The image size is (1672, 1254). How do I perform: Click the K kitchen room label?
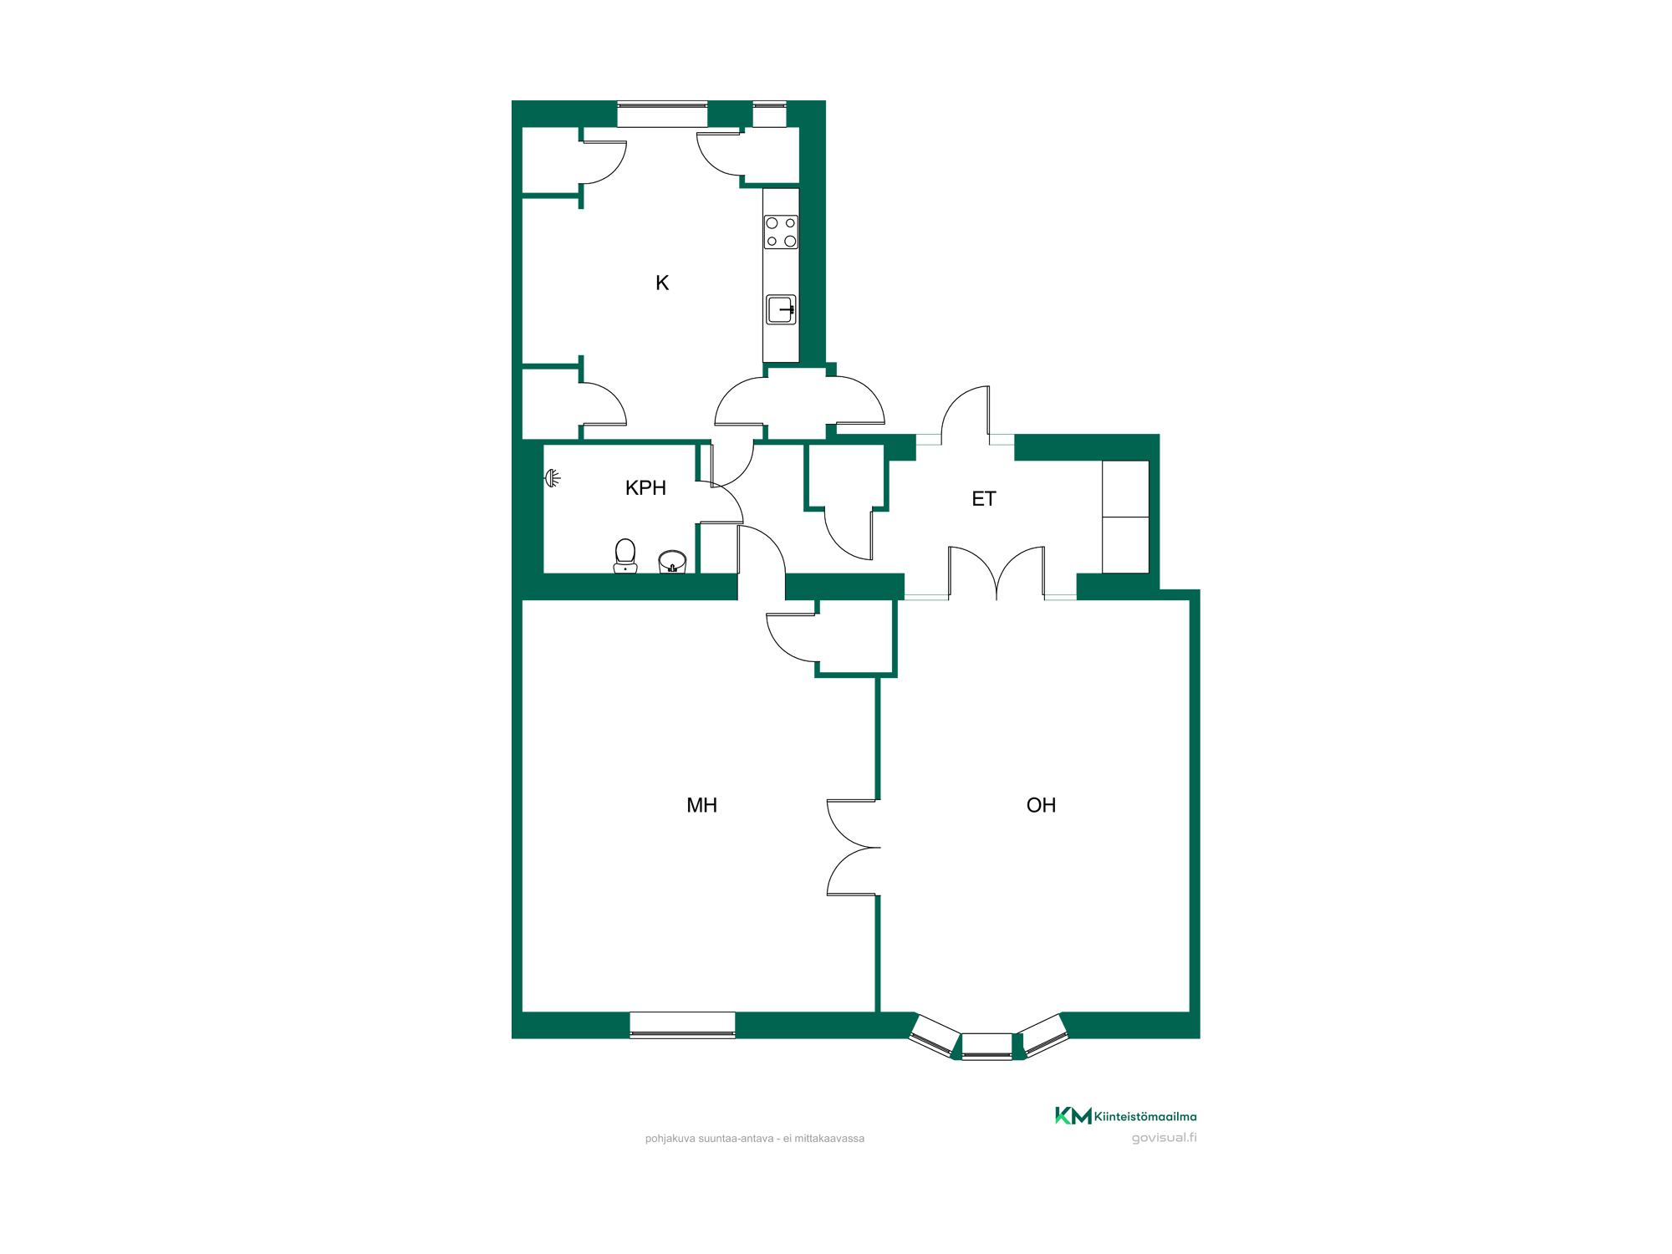pos(662,283)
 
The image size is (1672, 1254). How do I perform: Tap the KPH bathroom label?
pos(645,488)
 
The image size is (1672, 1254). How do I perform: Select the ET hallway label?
pos(984,499)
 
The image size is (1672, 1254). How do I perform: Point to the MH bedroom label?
pos(701,805)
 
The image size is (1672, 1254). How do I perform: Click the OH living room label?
pos(1041,805)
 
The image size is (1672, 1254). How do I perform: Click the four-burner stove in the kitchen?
pos(781,232)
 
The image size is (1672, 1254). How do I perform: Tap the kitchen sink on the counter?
pos(781,309)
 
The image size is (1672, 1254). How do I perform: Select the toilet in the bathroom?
pos(625,556)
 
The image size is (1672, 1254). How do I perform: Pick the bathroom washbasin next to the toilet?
pos(672,562)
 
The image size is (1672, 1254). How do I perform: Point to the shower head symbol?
pos(552,478)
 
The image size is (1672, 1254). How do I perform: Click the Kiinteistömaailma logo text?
pos(1144,1116)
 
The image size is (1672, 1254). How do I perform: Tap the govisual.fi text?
pos(1164,1138)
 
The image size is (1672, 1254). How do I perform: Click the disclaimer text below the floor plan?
pos(754,1139)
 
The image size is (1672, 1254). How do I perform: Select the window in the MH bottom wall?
pos(682,1025)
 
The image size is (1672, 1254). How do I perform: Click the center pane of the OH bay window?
pos(986,1047)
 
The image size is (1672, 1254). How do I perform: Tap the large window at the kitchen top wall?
pos(662,115)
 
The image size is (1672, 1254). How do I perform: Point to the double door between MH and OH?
pos(853,848)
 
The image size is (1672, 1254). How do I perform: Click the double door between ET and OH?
pos(997,573)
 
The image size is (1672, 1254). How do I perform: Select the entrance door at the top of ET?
pos(966,415)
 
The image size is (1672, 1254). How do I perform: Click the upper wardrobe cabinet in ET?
pos(1125,488)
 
